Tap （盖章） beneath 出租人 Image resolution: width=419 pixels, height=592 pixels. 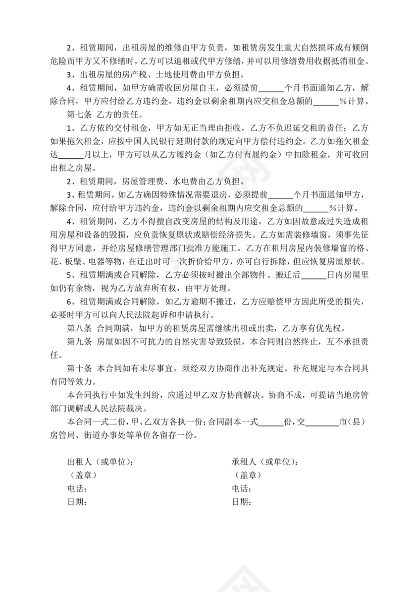tap(82, 475)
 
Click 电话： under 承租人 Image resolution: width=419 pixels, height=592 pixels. tap(242, 489)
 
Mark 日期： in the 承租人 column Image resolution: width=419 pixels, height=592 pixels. tap(242, 502)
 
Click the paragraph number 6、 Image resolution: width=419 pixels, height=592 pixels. tap(72, 302)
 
